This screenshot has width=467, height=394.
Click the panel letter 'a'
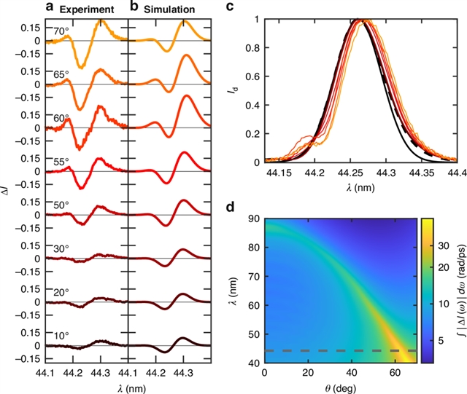point(50,9)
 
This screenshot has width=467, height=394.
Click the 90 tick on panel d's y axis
point(252,218)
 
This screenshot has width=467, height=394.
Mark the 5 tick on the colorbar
point(428,318)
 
